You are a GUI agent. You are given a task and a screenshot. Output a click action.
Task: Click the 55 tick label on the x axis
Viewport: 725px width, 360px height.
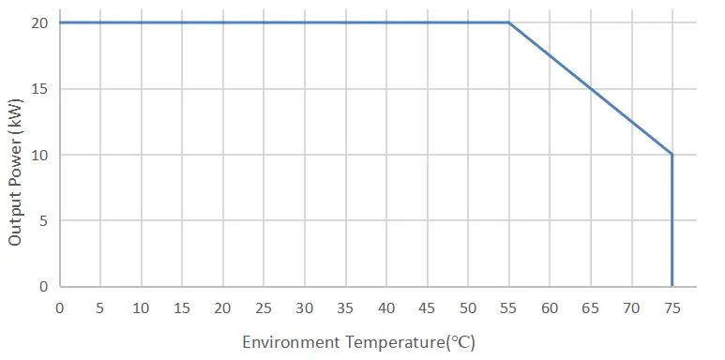(x=508, y=307)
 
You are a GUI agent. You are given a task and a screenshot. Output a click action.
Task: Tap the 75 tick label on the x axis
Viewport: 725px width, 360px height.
(x=672, y=307)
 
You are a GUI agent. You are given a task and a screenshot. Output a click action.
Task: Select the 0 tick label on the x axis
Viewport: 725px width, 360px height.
(x=59, y=307)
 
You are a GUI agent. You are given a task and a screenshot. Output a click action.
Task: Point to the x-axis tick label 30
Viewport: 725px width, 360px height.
(x=304, y=307)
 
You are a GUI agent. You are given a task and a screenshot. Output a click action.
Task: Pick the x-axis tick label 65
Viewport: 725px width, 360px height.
(x=590, y=307)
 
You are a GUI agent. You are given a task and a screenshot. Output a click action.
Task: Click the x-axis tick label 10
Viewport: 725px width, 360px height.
(x=141, y=307)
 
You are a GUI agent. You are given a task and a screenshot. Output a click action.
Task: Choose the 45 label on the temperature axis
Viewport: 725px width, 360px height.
(x=427, y=307)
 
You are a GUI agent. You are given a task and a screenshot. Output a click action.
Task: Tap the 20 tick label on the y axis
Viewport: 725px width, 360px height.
(x=38, y=22)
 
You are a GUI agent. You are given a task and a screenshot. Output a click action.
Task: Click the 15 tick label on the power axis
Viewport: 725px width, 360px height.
(x=38, y=89)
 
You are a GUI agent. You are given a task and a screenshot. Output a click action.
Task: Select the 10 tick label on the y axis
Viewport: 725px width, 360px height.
(x=38, y=155)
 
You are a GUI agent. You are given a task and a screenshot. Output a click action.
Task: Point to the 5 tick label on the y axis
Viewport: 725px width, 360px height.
(x=42, y=220)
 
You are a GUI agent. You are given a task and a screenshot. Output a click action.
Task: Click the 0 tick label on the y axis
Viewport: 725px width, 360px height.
(x=42, y=286)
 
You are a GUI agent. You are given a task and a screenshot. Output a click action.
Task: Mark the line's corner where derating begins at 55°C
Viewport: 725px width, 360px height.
(x=508, y=22)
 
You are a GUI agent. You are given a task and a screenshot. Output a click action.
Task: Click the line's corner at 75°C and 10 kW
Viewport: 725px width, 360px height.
(x=672, y=155)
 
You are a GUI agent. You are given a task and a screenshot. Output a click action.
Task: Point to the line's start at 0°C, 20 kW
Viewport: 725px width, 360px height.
(x=60, y=22)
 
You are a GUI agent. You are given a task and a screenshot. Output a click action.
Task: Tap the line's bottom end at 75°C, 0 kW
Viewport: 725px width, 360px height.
(x=672, y=285)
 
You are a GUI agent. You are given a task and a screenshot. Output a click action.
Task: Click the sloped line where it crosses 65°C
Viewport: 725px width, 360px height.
(x=590, y=89)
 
